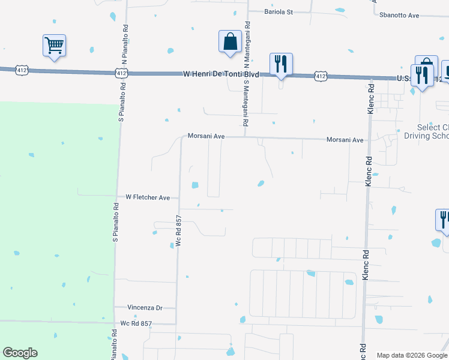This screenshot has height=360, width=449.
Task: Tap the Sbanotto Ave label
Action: tap(397, 15)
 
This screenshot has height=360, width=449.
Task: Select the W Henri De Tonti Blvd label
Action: tap(221, 74)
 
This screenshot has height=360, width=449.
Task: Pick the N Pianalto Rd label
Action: tap(125, 46)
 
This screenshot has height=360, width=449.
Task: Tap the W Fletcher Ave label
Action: tap(148, 197)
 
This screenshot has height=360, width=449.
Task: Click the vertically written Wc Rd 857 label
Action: tap(178, 232)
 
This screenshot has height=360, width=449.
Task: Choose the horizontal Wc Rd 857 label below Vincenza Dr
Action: tap(136, 324)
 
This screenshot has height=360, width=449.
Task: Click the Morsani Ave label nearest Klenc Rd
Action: tap(345, 140)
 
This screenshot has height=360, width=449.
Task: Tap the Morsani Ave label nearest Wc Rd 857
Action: tap(206, 136)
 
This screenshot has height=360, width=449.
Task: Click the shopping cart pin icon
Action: tap(54, 46)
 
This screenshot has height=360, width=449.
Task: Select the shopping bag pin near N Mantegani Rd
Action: tap(229, 42)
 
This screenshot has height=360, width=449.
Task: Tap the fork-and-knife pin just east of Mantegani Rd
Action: tap(281, 64)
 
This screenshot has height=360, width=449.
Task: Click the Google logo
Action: tap(20, 353)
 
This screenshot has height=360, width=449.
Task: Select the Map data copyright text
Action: tap(412, 355)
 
